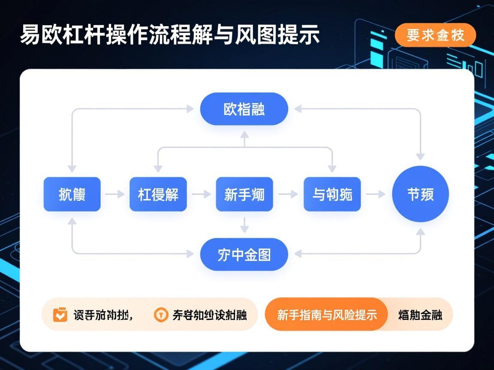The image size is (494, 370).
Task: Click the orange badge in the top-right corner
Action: (x=435, y=35)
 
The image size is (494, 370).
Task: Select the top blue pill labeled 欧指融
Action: (x=244, y=109)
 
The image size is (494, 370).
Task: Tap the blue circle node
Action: (x=420, y=194)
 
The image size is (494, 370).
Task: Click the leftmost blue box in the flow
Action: (x=72, y=194)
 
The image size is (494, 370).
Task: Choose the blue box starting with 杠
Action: (x=158, y=194)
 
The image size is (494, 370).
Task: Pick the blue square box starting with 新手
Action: (x=244, y=194)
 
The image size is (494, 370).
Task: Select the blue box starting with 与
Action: (x=332, y=194)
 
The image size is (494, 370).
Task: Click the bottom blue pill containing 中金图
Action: (x=244, y=254)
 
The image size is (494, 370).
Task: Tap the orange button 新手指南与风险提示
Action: (x=327, y=315)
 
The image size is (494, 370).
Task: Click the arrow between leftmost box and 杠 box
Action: (x=114, y=194)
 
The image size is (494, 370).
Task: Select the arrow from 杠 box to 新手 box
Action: (x=201, y=194)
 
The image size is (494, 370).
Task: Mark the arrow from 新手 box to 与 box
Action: (x=288, y=194)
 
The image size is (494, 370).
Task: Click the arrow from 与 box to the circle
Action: (x=376, y=194)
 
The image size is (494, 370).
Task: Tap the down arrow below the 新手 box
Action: (x=244, y=225)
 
